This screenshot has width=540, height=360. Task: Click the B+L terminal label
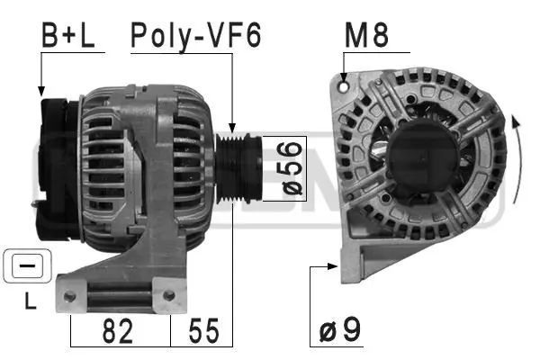tap(69, 36)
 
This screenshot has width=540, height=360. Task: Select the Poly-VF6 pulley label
tap(195, 36)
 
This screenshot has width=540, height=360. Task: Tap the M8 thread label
tap(366, 36)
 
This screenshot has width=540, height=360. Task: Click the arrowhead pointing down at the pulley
tap(232, 129)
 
